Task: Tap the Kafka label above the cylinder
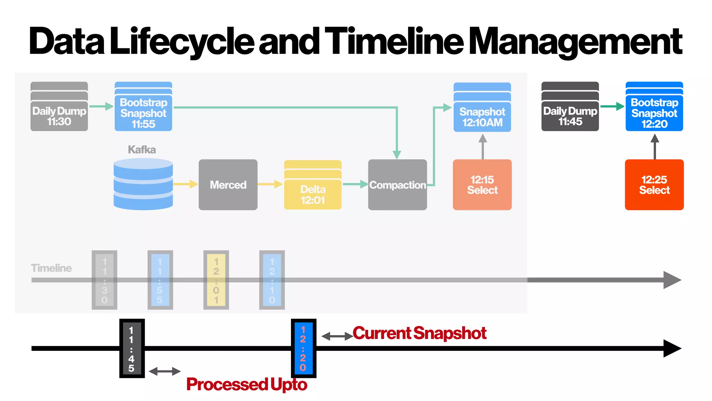pos(142,150)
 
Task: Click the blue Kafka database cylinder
pos(143,184)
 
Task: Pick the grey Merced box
pos(228,185)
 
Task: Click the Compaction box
pos(397,185)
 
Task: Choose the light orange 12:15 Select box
pos(482,185)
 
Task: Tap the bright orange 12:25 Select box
pos(654,185)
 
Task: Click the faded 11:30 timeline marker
pos(104,280)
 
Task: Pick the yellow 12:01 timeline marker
pos(216,280)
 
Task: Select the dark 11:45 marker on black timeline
pos(132,348)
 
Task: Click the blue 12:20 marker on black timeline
pos(304,348)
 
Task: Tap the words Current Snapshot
pos(419,333)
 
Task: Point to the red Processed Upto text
pos(246,384)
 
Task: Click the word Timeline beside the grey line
pos(51,268)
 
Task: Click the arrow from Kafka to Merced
pos(185,184)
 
